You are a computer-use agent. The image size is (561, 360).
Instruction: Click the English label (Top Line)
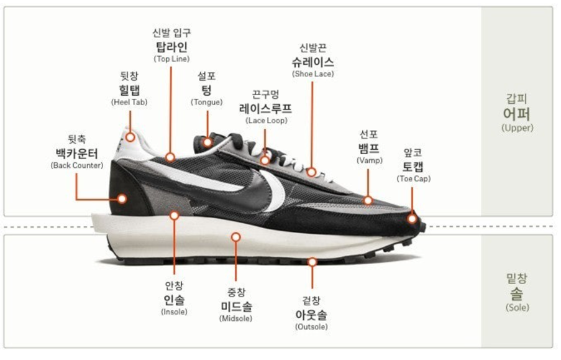pos(170,58)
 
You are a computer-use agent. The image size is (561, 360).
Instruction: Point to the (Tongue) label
pos(206,102)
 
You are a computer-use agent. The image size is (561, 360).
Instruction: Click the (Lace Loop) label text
pos(266,120)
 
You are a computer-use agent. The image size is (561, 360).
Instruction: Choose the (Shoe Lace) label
pos(312,74)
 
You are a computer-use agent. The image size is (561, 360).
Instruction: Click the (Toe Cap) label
pos(413,178)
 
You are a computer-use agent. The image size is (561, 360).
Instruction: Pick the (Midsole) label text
pos(236,318)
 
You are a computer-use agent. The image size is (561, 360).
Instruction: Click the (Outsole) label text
pos(312,326)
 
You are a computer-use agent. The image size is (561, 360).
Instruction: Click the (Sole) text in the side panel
pos(517,307)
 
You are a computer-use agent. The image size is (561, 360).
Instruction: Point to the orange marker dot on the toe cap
pos(412,219)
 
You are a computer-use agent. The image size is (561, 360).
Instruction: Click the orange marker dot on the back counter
pos(122,199)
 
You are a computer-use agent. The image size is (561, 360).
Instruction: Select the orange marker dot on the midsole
pos(235,236)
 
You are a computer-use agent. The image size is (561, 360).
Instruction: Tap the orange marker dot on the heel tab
pos(130,137)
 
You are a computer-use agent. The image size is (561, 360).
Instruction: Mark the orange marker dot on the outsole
pos(312,262)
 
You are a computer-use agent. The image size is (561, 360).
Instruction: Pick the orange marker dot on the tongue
pos(208,142)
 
